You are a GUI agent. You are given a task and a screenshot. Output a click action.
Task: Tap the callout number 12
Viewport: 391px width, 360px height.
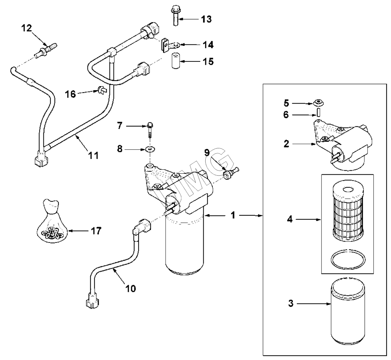(x=27, y=28)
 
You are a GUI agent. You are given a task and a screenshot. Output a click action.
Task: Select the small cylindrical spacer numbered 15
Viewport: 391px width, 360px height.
(x=176, y=61)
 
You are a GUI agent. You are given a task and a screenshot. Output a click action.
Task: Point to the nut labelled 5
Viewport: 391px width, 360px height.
(x=319, y=102)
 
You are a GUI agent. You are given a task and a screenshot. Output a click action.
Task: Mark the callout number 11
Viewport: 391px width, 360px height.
(x=94, y=155)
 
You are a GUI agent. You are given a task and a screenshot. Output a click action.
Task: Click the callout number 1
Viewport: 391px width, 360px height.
(x=233, y=216)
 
